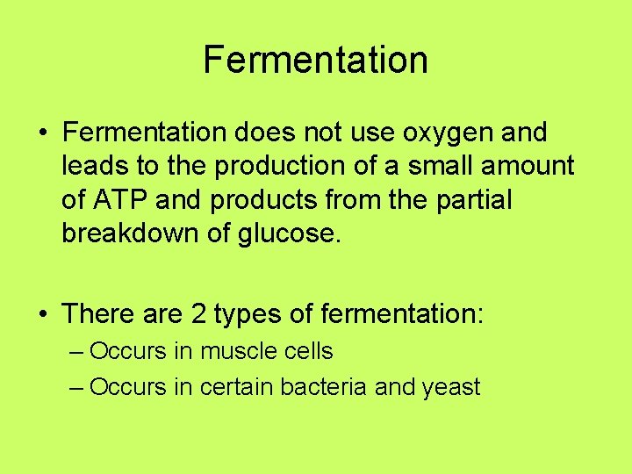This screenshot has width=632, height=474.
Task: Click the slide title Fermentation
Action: click(x=315, y=60)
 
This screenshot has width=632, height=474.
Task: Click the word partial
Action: click(x=476, y=200)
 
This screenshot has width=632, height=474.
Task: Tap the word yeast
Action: click(x=451, y=388)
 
